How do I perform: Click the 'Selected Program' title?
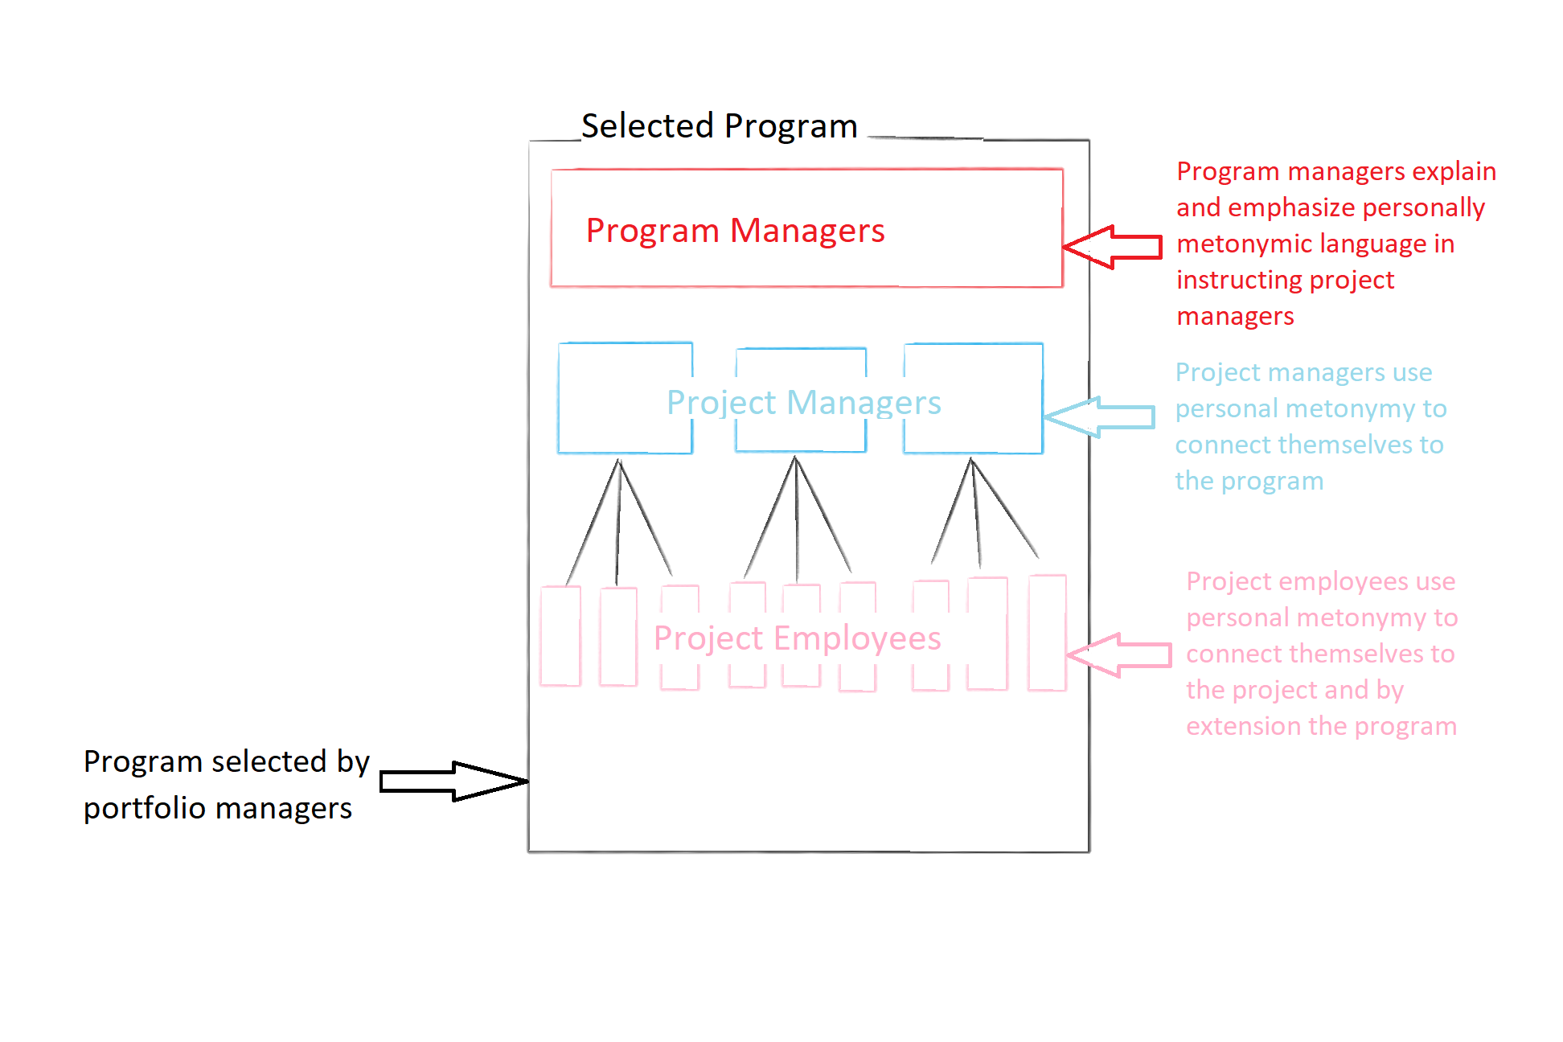click(719, 126)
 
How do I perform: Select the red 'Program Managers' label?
click(735, 231)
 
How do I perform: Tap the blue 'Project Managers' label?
click(803, 402)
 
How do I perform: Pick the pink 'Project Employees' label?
click(797, 638)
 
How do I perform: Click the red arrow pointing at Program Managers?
click(1114, 247)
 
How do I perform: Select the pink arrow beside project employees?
click(1120, 654)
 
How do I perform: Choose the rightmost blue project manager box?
click(973, 398)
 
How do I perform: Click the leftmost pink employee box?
click(560, 636)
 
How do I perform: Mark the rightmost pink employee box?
click(1047, 633)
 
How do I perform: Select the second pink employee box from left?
click(618, 637)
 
